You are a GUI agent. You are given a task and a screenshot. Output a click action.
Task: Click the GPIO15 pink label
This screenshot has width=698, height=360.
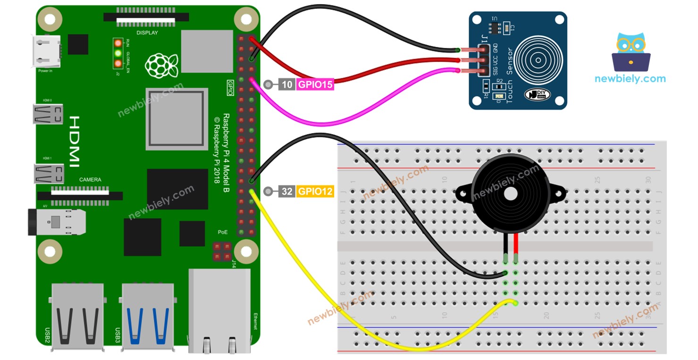point(315,85)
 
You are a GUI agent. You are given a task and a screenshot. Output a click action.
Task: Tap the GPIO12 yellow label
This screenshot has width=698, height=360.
point(315,192)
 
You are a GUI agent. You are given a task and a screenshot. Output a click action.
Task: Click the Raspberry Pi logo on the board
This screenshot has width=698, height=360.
point(161,65)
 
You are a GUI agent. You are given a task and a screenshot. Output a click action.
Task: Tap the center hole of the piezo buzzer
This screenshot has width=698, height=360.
point(511,193)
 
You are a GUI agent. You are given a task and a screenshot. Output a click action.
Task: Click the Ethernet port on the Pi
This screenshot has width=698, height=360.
point(218,311)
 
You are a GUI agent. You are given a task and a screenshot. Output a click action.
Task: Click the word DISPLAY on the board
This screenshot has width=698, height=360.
point(147,33)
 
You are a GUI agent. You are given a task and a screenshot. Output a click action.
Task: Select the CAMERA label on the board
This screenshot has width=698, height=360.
point(90,180)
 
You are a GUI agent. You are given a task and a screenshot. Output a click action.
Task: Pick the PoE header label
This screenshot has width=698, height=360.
point(222,232)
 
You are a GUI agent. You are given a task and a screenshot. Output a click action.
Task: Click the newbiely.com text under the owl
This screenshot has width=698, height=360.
point(630,79)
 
